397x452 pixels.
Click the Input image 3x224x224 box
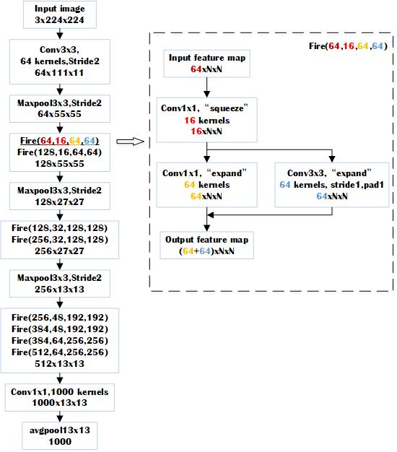[x=60, y=14]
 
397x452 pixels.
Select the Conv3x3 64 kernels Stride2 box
[x=60, y=61]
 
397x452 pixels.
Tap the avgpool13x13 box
[x=60, y=436]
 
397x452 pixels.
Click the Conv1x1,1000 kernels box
[x=60, y=397]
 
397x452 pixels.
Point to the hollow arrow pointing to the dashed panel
[x=130, y=142]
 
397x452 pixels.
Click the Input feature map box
[x=206, y=64]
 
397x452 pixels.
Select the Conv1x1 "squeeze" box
[x=206, y=120]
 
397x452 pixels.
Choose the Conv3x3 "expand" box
[x=332, y=185]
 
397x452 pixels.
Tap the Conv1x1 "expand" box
[x=206, y=185]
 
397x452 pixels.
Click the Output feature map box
[x=206, y=245]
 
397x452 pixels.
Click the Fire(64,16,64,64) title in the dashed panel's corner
[x=348, y=46]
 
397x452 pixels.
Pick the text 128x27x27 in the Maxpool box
[x=60, y=201]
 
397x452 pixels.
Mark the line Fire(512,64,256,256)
[x=60, y=352]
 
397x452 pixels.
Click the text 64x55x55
[x=60, y=114]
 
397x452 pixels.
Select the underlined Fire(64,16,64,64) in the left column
[x=60, y=141]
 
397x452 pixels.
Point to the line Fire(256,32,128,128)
[x=60, y=240]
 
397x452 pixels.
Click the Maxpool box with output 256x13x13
[x=60, y=284]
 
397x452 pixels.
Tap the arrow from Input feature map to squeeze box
[x=206, y=87]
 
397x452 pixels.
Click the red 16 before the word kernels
[x=190, y=120]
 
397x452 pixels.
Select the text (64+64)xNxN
[x=206, y=251]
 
